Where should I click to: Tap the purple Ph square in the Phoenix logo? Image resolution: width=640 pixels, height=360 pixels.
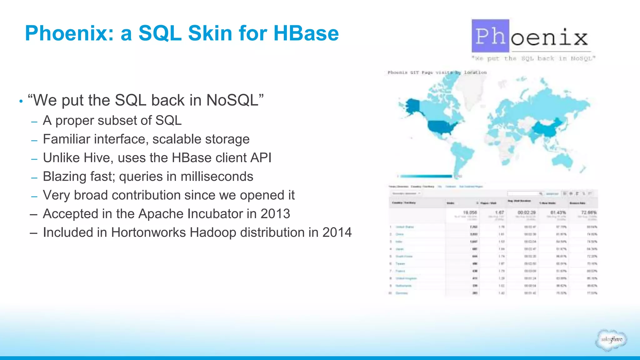tap(490, 36)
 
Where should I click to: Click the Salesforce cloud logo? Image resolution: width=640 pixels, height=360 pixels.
tap(611, 340)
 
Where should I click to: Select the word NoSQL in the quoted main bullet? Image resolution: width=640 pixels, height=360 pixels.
tap(232, 100)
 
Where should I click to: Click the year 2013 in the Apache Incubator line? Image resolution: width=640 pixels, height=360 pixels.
tap(275, 214)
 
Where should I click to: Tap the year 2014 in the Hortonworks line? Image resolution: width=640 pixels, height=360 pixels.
tap(337, 233)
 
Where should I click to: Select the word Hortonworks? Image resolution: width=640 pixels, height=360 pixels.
tap(148, 233)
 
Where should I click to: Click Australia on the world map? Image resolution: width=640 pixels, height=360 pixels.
tap(562, 161)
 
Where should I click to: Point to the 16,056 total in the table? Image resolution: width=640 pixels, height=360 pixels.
tap(470, 212)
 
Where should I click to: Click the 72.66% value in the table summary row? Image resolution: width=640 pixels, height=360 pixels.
tap(589, 212)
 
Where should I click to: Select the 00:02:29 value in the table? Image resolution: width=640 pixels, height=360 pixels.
tap(527, 212)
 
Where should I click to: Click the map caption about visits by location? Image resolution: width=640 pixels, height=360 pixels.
tap(437, 72)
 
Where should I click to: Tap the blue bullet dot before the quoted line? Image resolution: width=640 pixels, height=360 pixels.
tap(21, 101)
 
